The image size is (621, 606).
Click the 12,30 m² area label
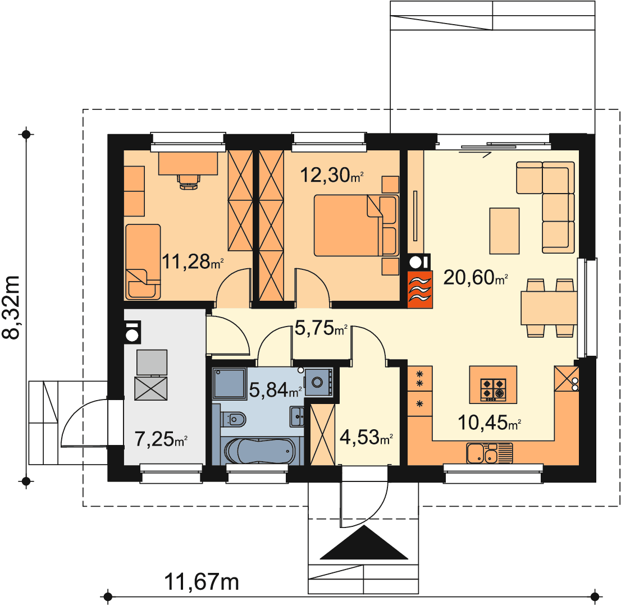(332, 175)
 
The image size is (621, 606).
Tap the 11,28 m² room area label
(193, 261)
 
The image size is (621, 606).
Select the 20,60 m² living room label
(476, 278)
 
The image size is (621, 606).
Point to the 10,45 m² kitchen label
(489, 423)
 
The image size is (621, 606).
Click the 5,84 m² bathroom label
(276, 390)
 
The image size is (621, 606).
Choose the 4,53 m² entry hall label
(366, 437)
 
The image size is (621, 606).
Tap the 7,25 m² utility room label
(161, 439)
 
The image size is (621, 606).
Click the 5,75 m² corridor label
(321, 328)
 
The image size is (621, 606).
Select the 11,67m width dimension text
(202, 582)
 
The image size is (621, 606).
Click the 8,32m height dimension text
(11, 307)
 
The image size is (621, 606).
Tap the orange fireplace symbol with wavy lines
(420, 290)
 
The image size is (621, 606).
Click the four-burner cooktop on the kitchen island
(493, 390)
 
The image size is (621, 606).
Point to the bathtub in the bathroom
(260, 452)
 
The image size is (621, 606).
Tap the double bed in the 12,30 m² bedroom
(356, 225)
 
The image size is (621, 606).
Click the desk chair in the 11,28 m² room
(189, 182)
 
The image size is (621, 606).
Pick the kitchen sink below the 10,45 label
(490, 453)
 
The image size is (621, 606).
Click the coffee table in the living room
(504, 231)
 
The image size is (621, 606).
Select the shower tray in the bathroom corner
(229, 383)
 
